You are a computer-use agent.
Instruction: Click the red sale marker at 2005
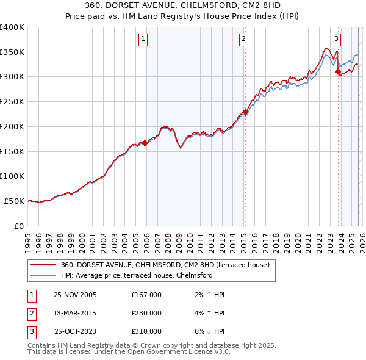point(145,143)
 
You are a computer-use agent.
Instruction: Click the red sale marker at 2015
point(245,112)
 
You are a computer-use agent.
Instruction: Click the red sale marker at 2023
point(338,72)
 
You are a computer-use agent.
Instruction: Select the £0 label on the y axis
point(19,226)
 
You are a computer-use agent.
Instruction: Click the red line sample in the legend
point(43,265)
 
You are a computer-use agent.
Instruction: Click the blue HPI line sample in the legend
point(43,275)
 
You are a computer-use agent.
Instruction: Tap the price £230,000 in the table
point(146,313)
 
